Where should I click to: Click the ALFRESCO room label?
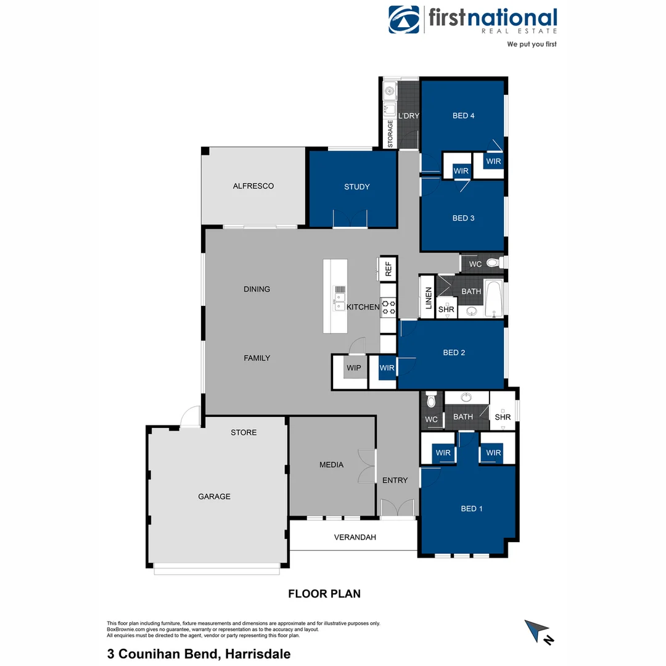253,186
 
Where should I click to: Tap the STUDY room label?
356,187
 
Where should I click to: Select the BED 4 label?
463,115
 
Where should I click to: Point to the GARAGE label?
214,496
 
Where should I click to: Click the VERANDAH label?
355,537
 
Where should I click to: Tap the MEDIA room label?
331,464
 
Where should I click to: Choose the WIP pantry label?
354,368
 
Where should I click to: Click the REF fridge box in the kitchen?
388,268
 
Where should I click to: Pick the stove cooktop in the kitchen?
388,306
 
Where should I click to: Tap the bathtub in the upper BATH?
493,299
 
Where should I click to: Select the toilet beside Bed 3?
492,263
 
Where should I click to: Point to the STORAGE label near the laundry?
390,134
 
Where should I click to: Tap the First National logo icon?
404,20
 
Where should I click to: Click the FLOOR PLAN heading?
324,594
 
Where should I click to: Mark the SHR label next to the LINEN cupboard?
446,309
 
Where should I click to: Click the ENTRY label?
395,480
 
